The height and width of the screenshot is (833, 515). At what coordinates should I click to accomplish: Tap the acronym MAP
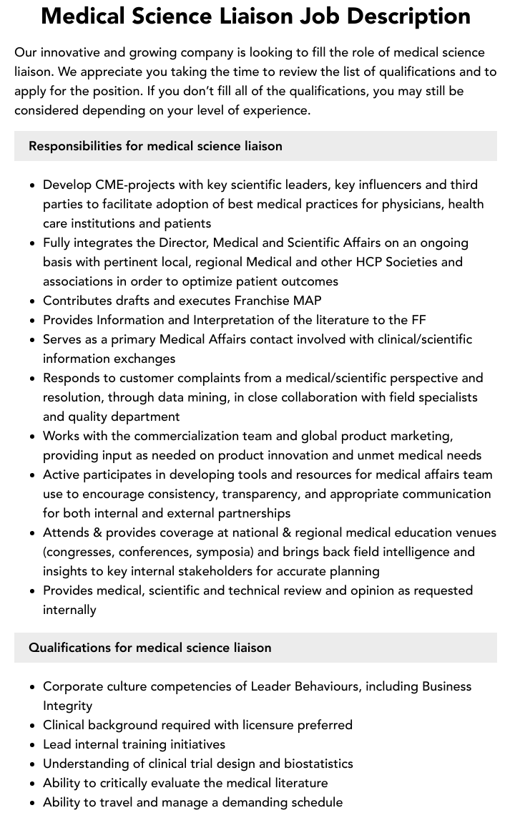(307, 301)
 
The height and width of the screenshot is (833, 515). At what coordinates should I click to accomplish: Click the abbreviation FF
(419, 320)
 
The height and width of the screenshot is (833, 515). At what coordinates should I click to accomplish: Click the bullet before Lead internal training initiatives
(32, 744)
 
